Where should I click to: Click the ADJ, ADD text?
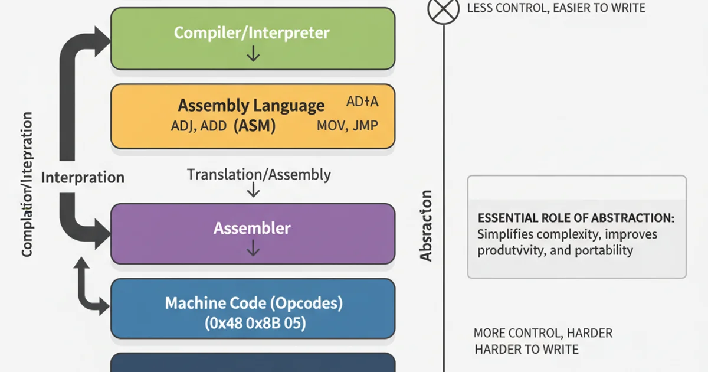click(x=198, y=126)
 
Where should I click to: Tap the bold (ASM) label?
click(x=254, y=126)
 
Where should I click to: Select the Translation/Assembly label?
click(x=258, y=174)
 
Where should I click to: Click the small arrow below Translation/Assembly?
click(x=253, y=190)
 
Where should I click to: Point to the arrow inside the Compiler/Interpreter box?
click(x=253, y=54)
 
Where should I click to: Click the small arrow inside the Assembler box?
click(x=253, y=250)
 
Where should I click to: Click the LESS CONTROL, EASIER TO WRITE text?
click(x=556, y=8)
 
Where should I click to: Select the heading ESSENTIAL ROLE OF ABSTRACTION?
click(x=575, y=218)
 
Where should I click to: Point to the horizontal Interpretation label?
click(x=83, y=177)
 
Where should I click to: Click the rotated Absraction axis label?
click(x=426, y=226)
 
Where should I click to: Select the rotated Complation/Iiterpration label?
click(x=27, y=184)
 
